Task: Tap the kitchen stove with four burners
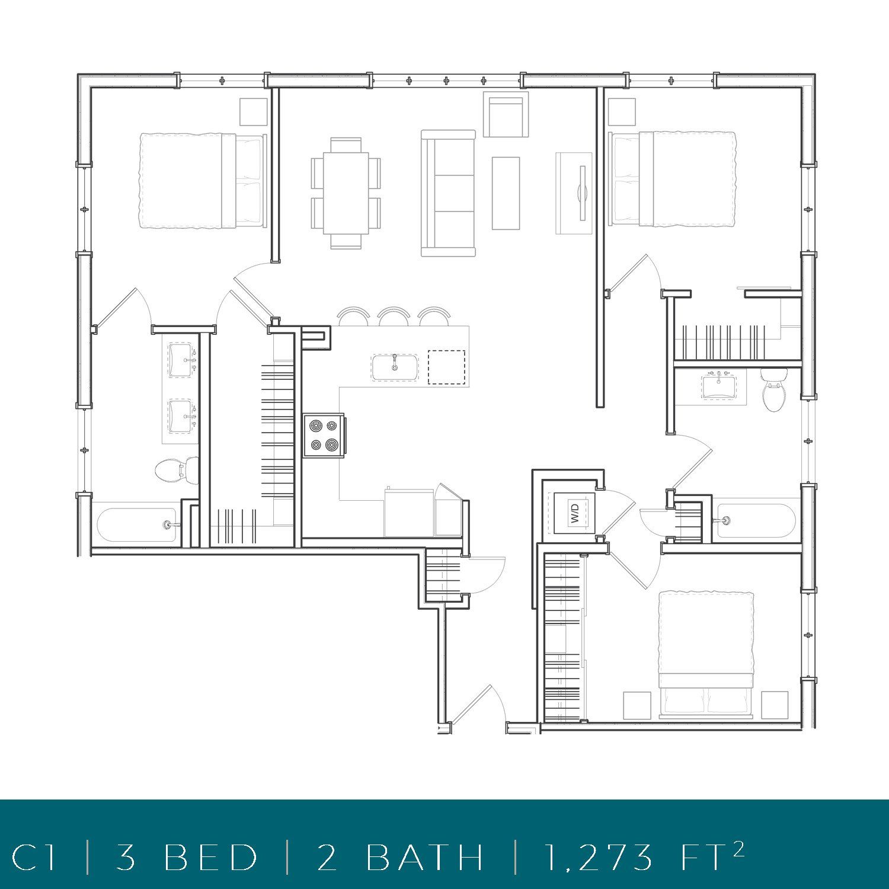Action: [323, 436]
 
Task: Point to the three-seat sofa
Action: [448, 193]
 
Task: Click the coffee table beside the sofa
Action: [506, 193]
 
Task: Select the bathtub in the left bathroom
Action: [137, 525]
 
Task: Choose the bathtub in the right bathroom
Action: [756, 521]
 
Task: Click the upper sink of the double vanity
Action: [181, 360]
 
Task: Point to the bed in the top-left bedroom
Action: [202, 181]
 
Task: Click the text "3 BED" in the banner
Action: [187, 857]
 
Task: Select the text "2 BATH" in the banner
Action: [401, 857]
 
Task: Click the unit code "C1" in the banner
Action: [34, 857]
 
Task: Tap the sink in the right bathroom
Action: [719, 388]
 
